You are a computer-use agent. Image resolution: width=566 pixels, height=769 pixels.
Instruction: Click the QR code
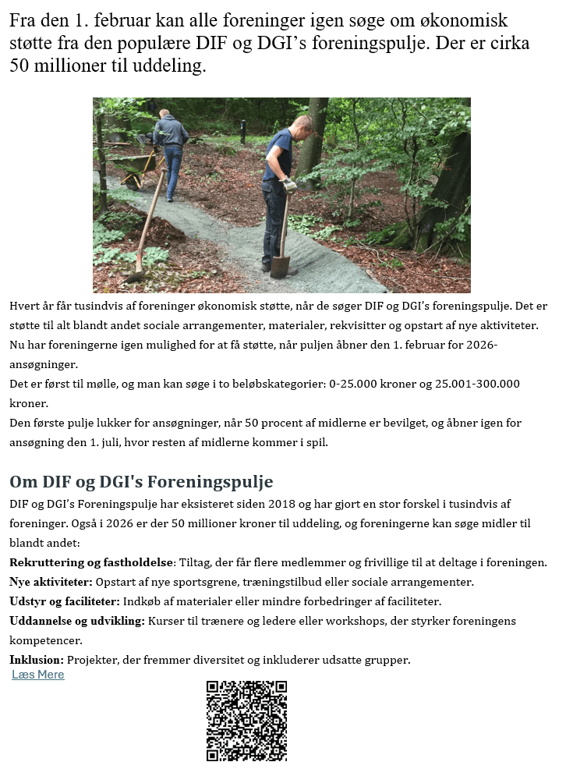(246, 721)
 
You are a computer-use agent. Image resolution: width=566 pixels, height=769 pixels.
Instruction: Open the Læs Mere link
(38, 675)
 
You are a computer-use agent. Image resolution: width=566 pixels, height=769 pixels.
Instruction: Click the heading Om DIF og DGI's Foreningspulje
(141, 481)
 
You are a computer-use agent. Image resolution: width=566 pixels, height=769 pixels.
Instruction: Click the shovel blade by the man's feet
(280, 267)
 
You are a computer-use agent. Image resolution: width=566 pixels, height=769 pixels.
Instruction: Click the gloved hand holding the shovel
(289, 186)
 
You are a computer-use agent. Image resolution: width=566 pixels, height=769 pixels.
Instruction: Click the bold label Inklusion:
(36, 660)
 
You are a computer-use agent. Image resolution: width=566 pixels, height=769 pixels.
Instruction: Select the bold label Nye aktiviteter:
(51, 582)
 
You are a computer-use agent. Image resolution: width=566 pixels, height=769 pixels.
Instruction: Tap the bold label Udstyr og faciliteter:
(65, 601)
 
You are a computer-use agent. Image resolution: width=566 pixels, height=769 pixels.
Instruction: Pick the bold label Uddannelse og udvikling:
(77, 621)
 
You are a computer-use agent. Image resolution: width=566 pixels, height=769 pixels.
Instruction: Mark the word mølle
(88, 384)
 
